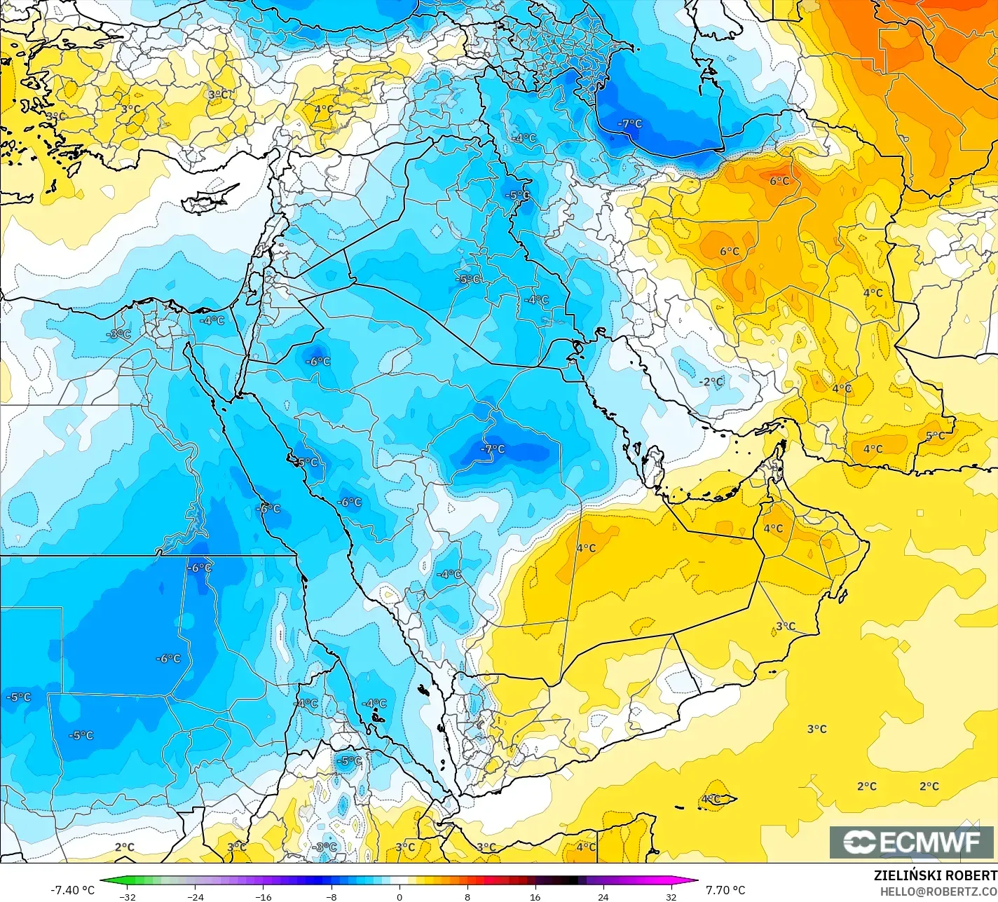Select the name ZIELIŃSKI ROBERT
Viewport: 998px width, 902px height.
tap(935, 875)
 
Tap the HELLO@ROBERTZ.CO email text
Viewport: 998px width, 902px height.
tap(938, 891)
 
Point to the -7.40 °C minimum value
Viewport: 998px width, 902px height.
tap(72, 890)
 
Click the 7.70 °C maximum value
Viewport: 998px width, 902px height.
tap(725, 890)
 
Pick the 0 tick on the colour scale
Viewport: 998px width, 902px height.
tap(399, 896)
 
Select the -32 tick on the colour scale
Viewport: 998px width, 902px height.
tap(128, 896)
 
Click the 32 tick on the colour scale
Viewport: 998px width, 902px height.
tap(671, 896)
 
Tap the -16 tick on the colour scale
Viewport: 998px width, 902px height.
tap(263, 896)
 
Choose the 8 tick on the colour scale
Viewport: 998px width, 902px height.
tap(467, 896)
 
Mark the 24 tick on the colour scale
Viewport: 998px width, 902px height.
tap(603, 896)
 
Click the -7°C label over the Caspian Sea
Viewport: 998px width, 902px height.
tap(629, 123)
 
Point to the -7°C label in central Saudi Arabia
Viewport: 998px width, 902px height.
tap(492, 449)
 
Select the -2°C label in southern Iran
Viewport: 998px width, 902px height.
tap(711, 381)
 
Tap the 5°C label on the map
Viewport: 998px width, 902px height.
tap(935, 435)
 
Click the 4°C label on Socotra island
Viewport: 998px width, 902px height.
tap(711, 798)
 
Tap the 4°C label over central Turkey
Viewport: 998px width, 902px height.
tap(324, 109)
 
